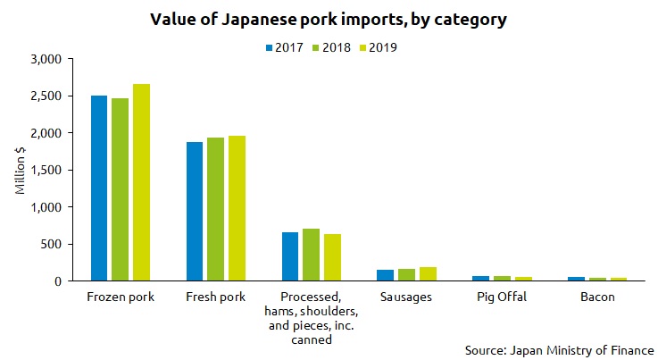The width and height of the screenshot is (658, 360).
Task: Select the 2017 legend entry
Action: click(x=286, y=46)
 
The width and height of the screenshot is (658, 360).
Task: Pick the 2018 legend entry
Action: click(x=330, y=46)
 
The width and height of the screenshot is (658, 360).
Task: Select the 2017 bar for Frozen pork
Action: click(x=100, y=188)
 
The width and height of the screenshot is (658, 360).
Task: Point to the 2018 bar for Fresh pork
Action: click(x=216, y=209)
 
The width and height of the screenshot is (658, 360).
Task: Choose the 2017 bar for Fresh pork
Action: click(x=196, y=212)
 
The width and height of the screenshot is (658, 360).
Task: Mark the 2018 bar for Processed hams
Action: click(x=311, y=255)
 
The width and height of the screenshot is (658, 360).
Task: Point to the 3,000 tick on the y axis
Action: click(x=44, y=59)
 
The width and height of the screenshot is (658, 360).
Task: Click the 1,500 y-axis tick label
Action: click(x=44, y=170)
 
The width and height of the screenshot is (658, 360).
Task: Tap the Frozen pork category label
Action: click(x=121, y=297)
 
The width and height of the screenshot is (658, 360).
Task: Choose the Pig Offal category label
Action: click(x=502, y=297)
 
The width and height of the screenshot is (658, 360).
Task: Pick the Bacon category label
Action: click(x=596, y=297)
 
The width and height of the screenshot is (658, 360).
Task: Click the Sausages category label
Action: click(x=406, y=297)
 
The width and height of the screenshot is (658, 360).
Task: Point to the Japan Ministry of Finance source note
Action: click(x=560, y=350)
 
